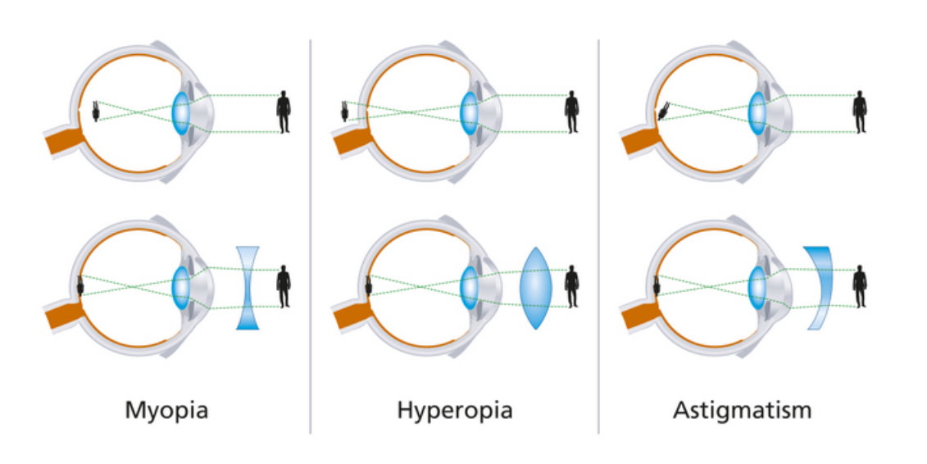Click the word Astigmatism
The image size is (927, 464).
coord(742,410)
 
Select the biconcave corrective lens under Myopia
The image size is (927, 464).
coord(248,288)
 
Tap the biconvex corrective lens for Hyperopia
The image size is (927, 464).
coord(535,288)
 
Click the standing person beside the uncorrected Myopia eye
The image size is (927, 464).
coord(284,111)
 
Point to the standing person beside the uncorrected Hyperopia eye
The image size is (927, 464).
coord(571,111)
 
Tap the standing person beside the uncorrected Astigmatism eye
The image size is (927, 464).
coord(860,111)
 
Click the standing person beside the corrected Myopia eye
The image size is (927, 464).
coord(284,287)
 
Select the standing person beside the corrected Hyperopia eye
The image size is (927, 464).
coord(571,287)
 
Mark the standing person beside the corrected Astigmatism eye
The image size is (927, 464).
coord(860,287)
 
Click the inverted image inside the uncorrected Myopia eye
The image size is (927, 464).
coord(96,111)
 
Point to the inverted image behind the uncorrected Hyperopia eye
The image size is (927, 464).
coord(345,111)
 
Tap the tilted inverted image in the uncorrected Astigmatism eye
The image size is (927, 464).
coord(663,111)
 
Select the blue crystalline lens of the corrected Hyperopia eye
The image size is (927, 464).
coord(469,288)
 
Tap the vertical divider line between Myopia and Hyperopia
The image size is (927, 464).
coord(311,236)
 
